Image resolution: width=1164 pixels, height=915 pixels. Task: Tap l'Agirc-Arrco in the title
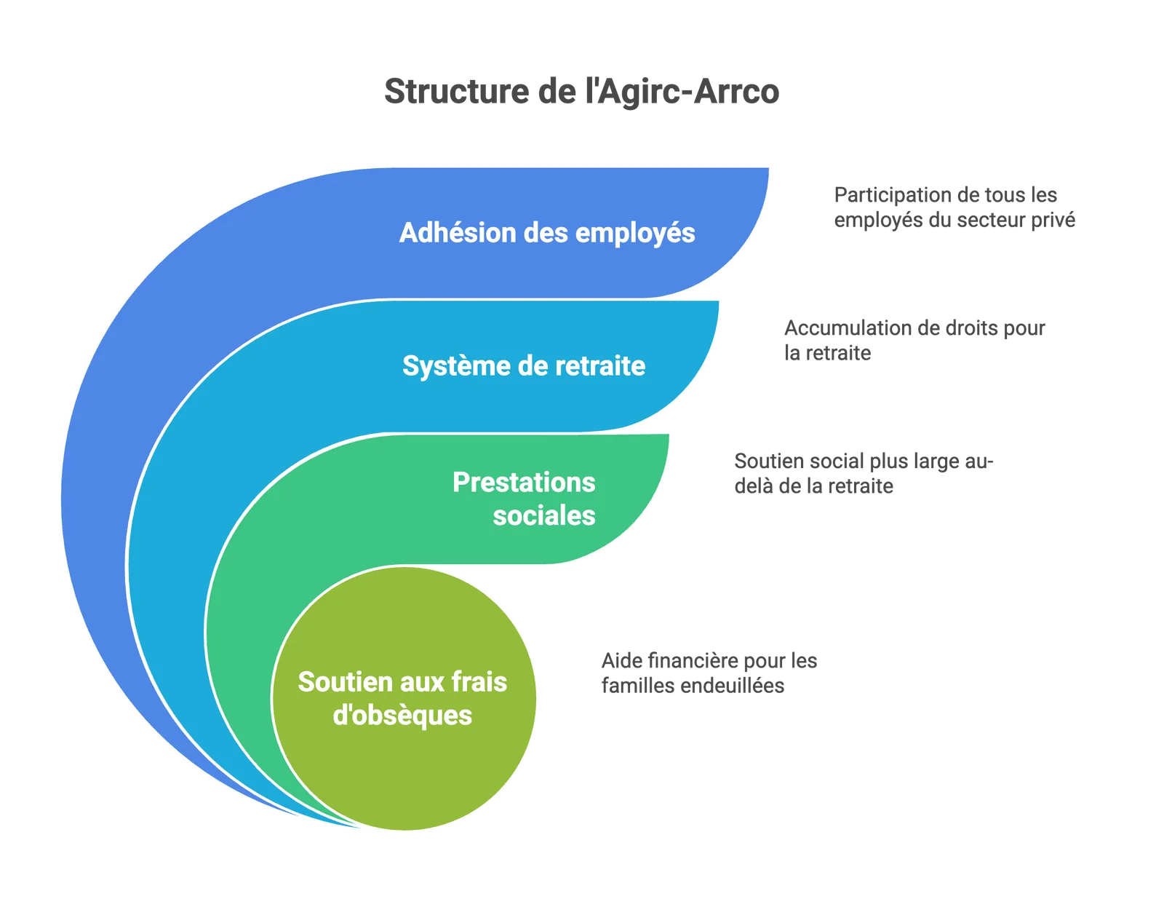coord(682,91)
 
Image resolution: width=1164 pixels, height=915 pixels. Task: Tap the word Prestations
coord(524,482)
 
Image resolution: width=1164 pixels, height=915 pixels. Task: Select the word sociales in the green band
coord(543,515)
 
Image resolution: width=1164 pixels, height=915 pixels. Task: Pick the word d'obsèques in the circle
coord(402,716)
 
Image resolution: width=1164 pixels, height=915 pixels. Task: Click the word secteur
coord(984,220)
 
